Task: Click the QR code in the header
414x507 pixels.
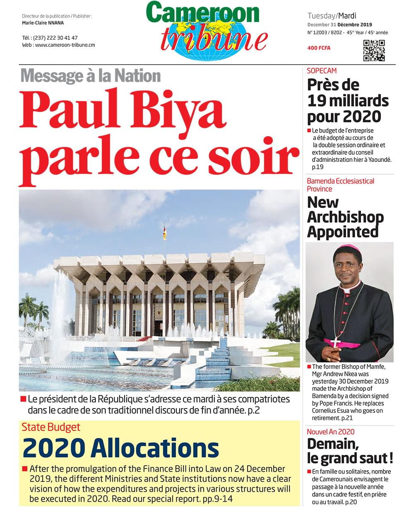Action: pyautogui.click(x=374, y=50)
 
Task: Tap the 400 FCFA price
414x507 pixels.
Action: pyautogui.click(x=319, y=48)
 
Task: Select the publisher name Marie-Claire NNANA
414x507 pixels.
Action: pyautogui.click(x=43, y=23)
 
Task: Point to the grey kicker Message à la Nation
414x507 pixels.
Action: pyautogui.click(x=90, y=76)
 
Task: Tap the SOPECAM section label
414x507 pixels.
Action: pyautogui.click(x=322, y=71)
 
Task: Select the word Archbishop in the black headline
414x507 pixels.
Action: pyautogui.click(x=345, y=217)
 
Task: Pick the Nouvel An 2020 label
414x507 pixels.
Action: pyautogui.click(x=330, y=432)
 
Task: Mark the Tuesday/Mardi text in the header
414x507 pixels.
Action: pyautogui.click(x=332, y=16)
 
